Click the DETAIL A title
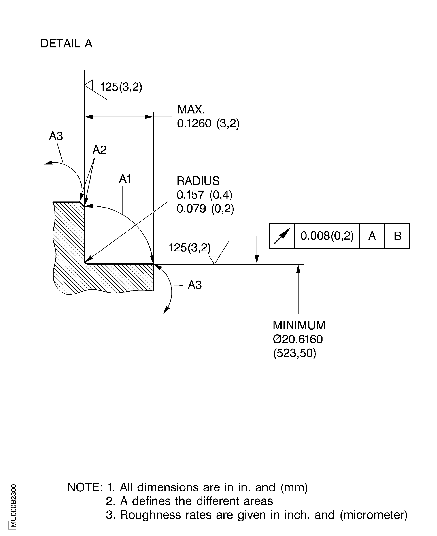66,44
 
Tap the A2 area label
99,150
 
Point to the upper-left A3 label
56,136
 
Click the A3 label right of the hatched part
195,285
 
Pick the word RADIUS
198,181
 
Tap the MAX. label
191,110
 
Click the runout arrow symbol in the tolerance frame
282,236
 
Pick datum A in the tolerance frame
372,236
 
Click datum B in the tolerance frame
397,236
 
